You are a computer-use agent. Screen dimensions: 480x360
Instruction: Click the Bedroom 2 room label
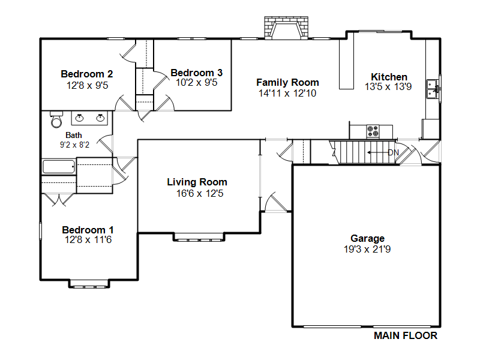(87, 74)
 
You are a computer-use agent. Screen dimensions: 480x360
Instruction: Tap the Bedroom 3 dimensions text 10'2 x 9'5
(197, 82)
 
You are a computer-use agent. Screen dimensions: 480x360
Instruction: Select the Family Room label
(287, 82)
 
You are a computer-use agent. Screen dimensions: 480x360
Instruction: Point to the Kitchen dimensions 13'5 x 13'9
(388, 86)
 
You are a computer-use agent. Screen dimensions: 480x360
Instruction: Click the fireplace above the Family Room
(286, 28)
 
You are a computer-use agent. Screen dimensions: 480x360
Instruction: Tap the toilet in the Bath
(56, 119)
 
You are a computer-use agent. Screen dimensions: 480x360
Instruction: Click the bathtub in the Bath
(59, 167)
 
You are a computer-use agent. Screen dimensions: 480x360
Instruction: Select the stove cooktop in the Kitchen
(373, 131)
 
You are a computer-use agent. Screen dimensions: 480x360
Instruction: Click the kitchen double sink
(433, 89)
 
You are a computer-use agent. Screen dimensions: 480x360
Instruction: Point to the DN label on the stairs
(394, 152)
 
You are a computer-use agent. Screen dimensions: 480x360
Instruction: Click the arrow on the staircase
(377, 152)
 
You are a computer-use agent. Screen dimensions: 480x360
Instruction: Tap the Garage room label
(367, 238)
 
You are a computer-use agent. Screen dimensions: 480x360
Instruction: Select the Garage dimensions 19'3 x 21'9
(367, 249)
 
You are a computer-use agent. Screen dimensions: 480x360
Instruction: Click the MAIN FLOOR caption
(406, 335)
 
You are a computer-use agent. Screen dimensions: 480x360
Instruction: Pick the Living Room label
(197, 182)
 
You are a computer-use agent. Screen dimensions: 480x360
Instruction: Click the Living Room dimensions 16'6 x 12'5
(200, 193)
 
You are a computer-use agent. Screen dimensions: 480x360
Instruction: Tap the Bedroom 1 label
(88, 230)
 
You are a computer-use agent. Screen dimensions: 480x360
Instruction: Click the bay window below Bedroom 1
(89, 284)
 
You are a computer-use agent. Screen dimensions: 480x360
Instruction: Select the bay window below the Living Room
(199, 237)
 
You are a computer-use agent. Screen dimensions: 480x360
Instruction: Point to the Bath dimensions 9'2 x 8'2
(74, 145)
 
